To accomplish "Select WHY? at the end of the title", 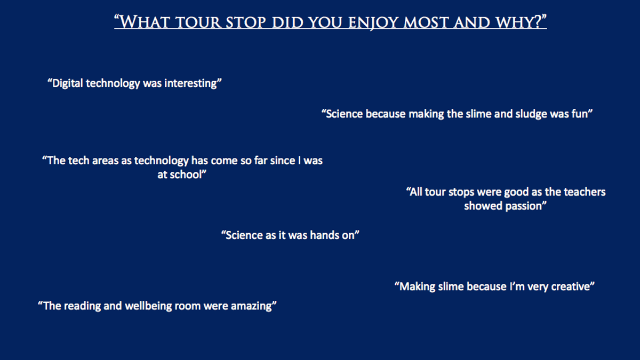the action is [521, 21].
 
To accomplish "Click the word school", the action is [188, 174].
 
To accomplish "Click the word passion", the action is [526, 206].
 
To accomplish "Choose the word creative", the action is [572, 286].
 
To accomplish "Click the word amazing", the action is [253, 306].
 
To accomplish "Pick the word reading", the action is [82, 306].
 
